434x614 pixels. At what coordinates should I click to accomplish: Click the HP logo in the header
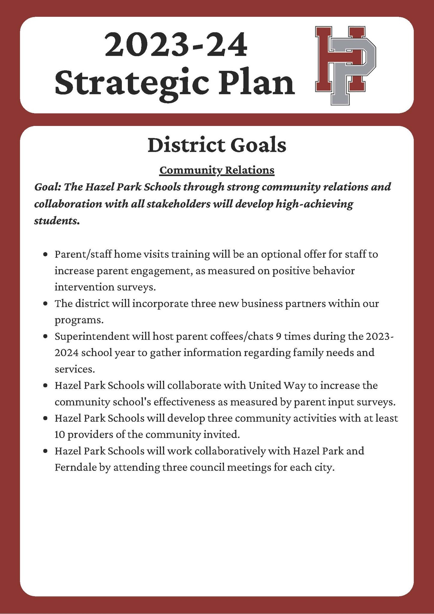tap(345, 65)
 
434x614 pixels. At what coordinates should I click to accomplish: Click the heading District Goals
tap(217, 145)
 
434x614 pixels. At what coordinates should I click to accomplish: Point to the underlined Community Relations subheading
tap(217, 170)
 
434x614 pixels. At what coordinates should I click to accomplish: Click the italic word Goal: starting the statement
tap(48, 187)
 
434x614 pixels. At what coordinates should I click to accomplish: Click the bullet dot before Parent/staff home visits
tap(45, 254)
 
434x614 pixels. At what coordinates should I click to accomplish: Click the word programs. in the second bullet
tap(79, 320)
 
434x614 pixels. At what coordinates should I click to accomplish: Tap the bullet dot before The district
tap(45, 304)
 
